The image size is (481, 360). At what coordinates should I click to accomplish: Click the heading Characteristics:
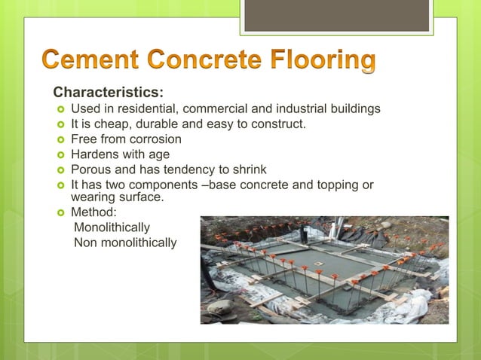[107, 93]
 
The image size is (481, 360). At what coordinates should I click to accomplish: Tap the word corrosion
[155, 139]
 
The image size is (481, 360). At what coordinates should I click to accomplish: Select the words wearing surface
[116, 197]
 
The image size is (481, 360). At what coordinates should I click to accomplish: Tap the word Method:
[93, 212]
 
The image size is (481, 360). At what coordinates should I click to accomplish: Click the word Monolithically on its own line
[112, 227]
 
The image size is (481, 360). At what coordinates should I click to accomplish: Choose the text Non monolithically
[125, 243]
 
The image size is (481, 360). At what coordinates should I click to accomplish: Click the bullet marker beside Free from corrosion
[60, 140]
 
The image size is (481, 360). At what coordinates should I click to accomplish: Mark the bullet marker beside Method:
[60, 213]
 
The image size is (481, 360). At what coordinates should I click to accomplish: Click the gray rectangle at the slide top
[336, 15]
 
